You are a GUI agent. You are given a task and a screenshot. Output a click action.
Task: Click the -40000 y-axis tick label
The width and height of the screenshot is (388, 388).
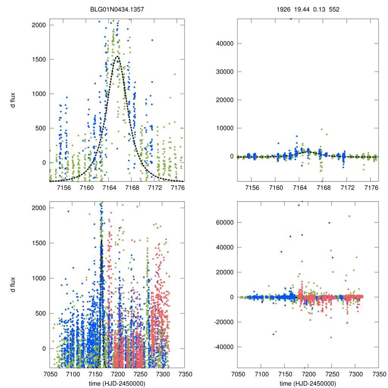point(221,347)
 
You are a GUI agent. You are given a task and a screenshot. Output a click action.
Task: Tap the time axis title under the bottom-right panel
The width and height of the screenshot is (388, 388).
point(308,383)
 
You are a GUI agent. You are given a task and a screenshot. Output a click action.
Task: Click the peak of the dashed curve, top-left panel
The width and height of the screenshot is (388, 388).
point(117,56)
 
